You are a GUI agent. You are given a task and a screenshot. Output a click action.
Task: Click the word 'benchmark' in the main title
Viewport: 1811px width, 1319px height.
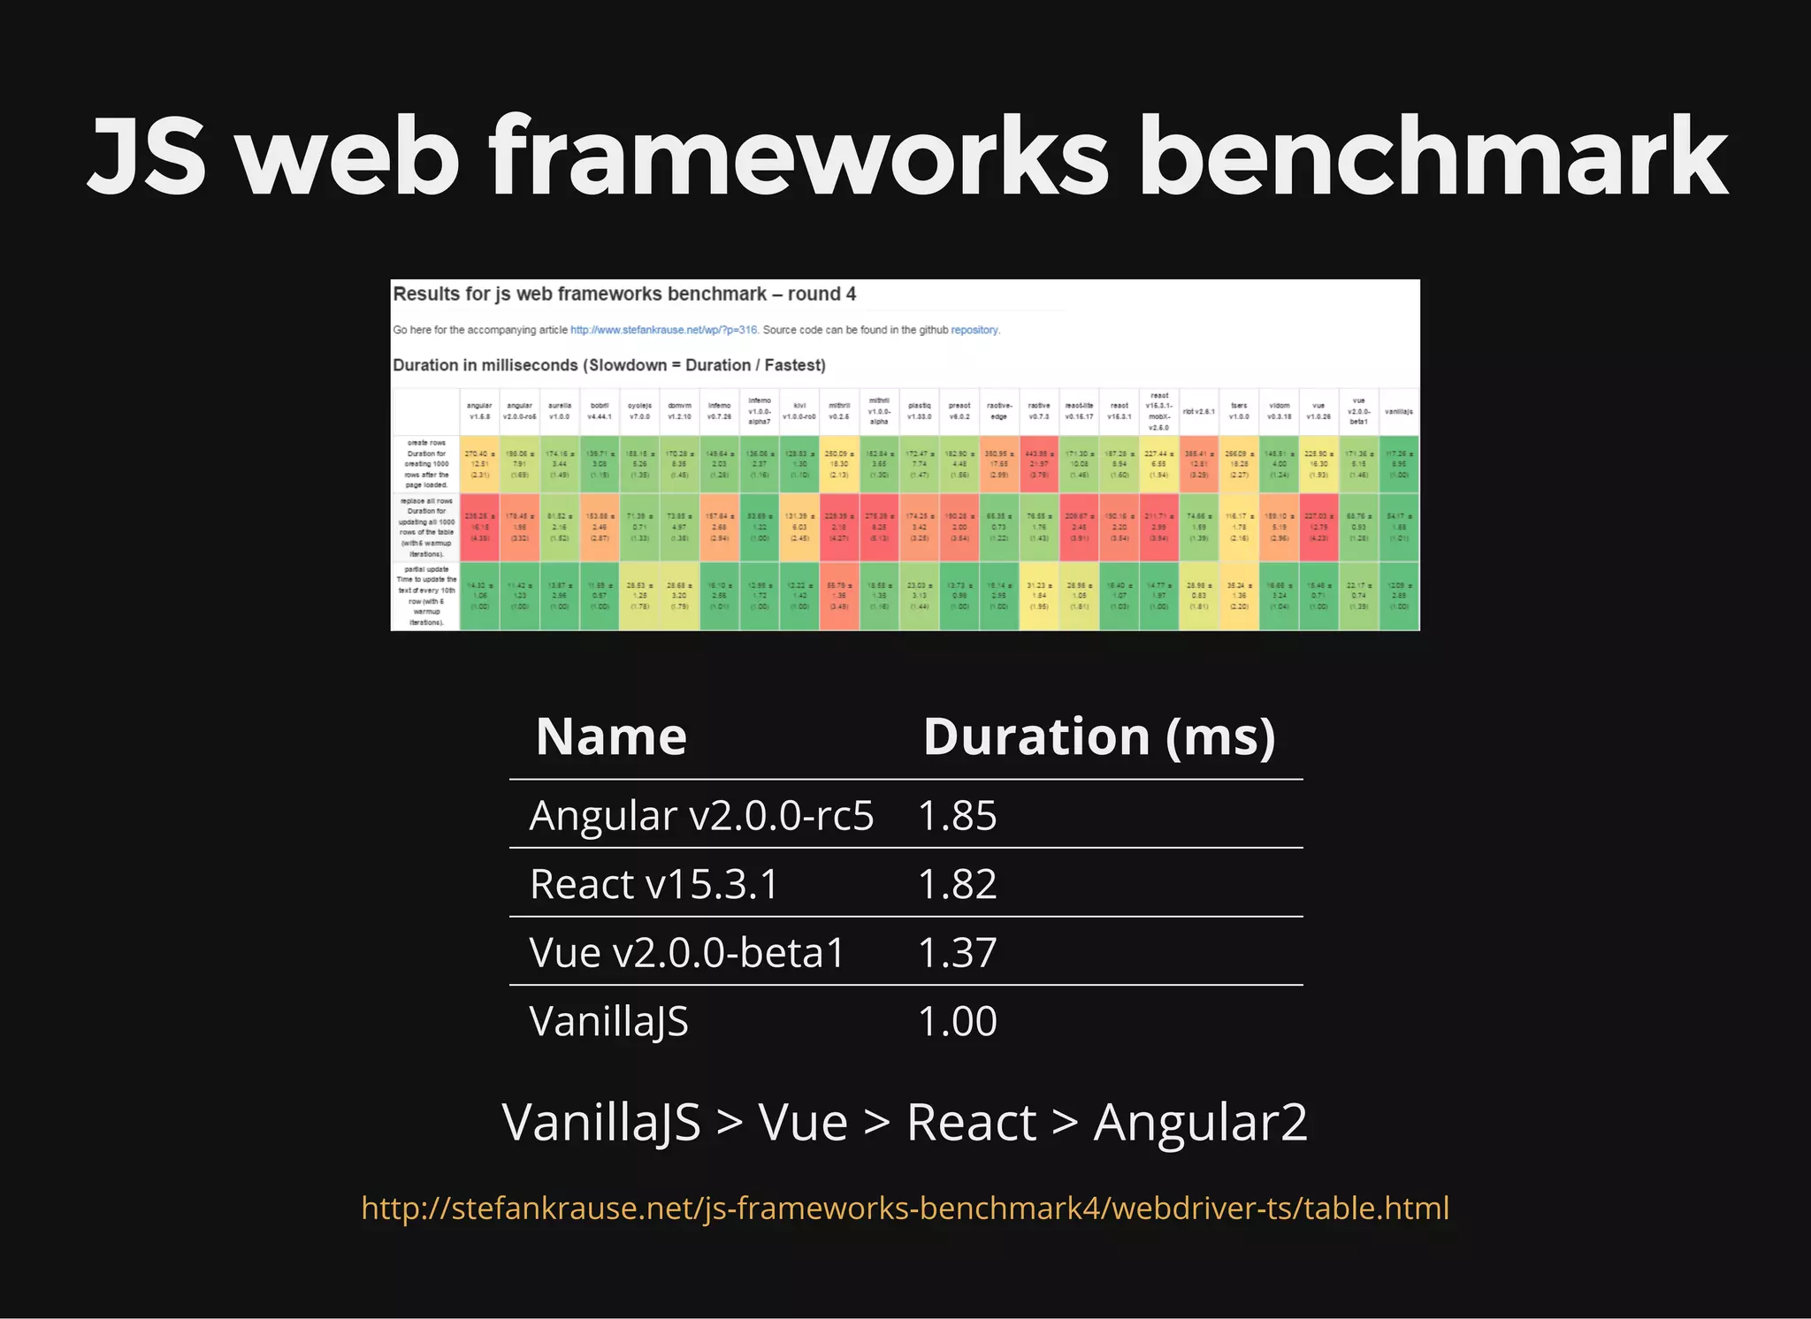click(1433, 157)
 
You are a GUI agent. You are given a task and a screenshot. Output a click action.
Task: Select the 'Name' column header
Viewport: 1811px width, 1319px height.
click(611, 736)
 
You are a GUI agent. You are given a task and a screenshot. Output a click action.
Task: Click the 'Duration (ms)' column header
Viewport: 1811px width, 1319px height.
click(1099, 736)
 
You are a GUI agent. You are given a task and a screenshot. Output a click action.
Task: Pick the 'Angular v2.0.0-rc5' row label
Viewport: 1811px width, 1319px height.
click(701, 815)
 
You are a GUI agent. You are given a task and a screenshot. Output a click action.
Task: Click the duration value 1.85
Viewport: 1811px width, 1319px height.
click(957, 815)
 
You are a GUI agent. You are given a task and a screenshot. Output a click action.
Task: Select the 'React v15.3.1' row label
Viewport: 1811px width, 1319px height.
click(653, 884)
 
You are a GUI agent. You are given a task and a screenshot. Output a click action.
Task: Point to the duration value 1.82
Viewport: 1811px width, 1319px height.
click(957, 884)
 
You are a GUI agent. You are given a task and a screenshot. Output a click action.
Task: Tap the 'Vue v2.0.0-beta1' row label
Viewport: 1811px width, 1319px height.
click(687, 952)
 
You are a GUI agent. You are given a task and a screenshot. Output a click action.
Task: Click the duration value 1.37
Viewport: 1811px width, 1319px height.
click(957, 952)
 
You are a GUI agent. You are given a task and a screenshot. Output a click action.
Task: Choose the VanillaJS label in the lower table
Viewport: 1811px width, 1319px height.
click(608, 1022)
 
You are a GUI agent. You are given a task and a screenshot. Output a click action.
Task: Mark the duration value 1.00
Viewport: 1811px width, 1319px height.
click(957, 1021)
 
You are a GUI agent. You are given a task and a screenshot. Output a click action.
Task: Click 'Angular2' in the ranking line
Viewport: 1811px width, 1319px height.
click(1200, 1123)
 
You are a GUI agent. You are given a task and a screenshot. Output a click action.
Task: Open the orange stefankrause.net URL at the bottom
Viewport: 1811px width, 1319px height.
click(905, 1208)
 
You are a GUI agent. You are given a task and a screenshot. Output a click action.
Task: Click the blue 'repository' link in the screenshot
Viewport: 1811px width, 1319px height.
click(974, 330)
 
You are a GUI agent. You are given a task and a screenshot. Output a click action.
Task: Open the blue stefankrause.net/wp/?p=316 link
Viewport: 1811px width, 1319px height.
click(663, 330)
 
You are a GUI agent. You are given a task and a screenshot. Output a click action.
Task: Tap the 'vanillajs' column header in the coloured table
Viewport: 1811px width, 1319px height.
click(1398, 412)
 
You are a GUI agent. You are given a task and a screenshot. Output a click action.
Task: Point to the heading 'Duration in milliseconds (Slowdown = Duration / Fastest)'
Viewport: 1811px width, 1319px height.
click(608, 365)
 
